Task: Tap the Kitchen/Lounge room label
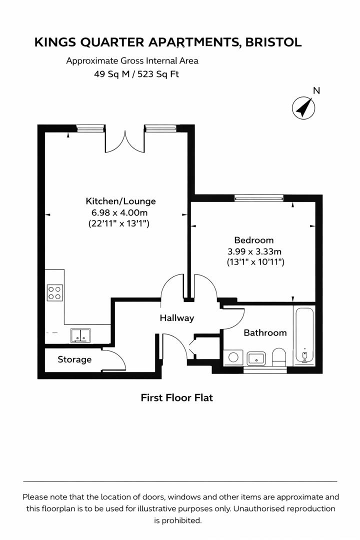click(120, 201)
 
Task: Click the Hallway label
click(176, 318)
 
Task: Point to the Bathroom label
click(265, 332)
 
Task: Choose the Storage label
click(74, 359)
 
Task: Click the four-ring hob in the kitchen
click(55, 292)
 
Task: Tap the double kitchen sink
click(80, 335)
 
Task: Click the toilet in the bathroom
click(279, 356)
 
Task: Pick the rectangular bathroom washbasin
click(256, 358)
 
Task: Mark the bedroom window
click(258, 198)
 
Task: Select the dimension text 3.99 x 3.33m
click(255, 251)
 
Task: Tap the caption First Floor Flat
click(176, 398)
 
